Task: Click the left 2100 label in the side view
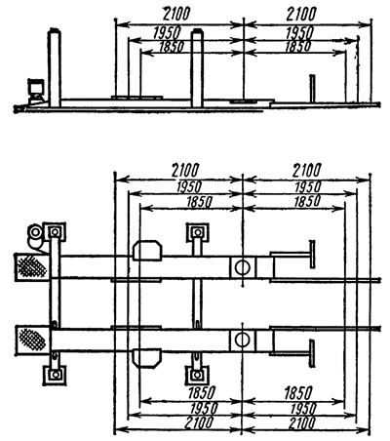coord(175,14)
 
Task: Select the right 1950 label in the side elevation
coord(299,33)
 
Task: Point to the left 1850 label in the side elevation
coord(172,47)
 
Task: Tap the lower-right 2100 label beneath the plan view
coord(301,423)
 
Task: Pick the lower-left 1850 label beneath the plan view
coord(201,392)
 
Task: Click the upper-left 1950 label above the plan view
coord(189,187)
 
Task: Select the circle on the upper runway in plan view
coord(243,267)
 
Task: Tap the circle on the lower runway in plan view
coord(242,340)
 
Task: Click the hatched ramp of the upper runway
coord(31,267)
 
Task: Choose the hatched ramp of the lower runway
coord(32,341)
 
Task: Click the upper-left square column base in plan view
coord(55,232)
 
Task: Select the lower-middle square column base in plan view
coord(196,376)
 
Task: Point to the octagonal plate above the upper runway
coord(147,251)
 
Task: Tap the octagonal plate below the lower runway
coord(147,358)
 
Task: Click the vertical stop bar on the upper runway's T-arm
coord(312,254)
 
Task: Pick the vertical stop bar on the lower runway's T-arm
coord(312,353)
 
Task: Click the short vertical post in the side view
coord(312,89)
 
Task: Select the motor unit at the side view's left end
coord(35,91)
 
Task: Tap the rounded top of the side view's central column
coord(197,32)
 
